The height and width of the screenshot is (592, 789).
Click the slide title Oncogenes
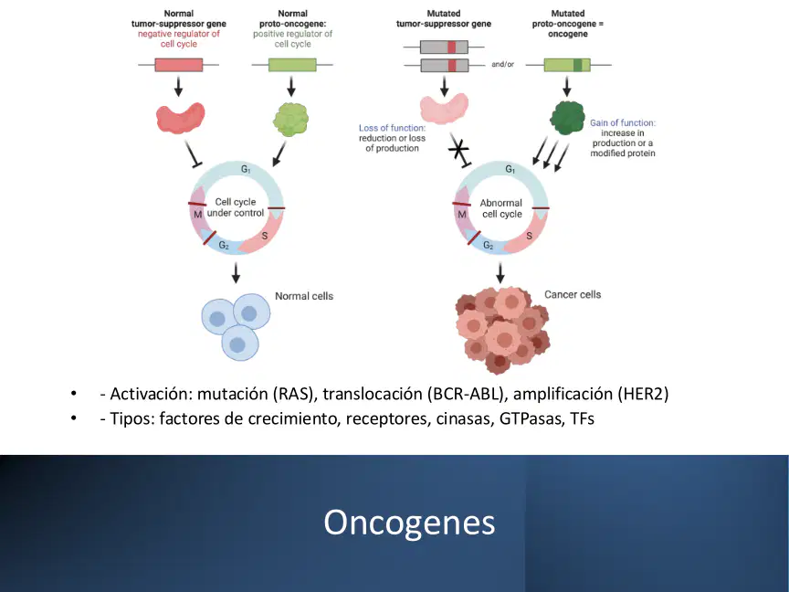click(x=409, y=523)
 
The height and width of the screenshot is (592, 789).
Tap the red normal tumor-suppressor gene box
click(x=179, y=65)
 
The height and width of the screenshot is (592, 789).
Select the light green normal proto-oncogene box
click(x=292, y=65)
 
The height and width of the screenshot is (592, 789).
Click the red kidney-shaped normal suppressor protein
click(x=180, y=118)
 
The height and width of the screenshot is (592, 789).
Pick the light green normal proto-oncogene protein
click(x=290, y=120)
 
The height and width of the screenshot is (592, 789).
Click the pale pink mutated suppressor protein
click(x=444, y=108)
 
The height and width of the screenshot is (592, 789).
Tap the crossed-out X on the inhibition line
click(x=458, y=149)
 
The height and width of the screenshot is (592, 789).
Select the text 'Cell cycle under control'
click(x=236, y=207)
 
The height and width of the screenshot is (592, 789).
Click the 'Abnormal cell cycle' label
click(x=501, y=208)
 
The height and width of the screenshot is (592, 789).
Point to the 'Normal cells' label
click(x=304, y=296)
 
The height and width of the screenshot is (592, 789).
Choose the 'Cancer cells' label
click(x=573, y=294)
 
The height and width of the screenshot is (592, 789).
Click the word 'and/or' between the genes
click(x=502, y=65)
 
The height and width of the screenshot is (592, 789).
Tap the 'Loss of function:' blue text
click(x=392, y=128)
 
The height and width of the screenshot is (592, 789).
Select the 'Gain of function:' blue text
click(x=623, y=122)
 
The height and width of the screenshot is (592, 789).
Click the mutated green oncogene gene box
click(x=567, y=65)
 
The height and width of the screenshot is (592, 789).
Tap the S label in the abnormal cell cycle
click(x=529, y=236)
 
